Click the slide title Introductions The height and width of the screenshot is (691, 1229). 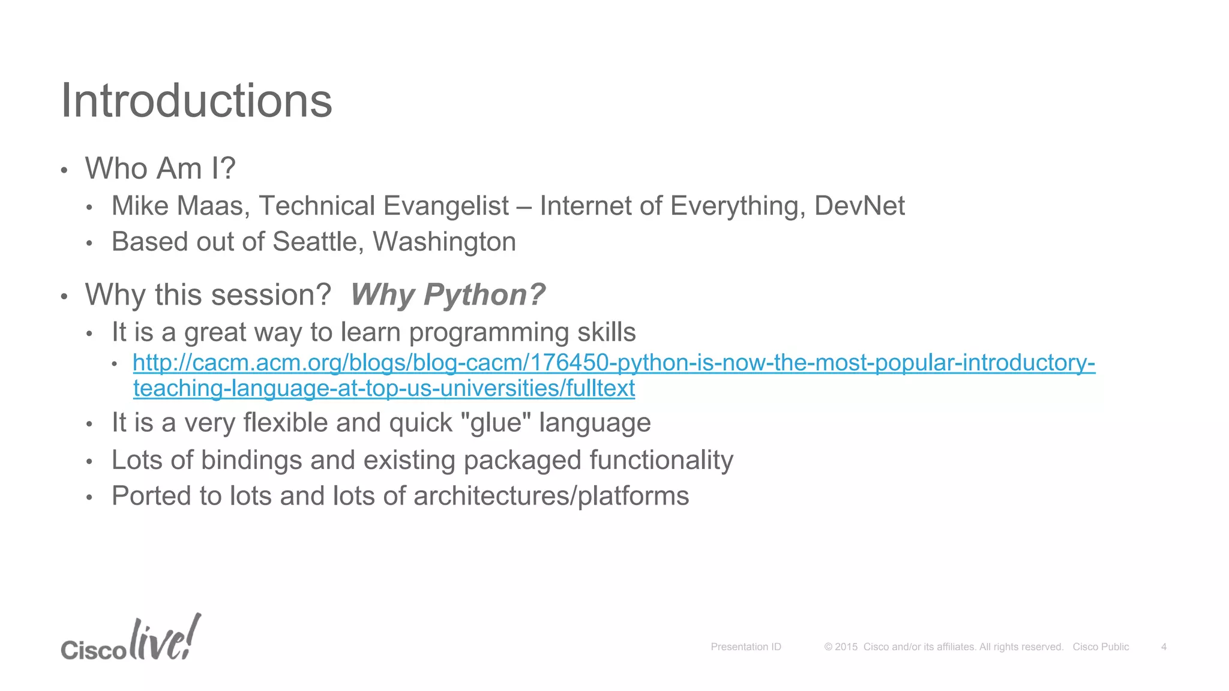[x=196, y=101]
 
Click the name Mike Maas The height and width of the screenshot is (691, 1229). [x=178, y=206]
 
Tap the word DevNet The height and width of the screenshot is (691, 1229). [x=859, y=206]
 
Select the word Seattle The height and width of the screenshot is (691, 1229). [x=317, y=242]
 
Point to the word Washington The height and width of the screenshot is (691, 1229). [x=444, y=242]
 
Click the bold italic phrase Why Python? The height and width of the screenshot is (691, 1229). [x=448, y=295]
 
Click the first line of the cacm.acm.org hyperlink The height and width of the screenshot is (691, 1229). [x=613, y=363]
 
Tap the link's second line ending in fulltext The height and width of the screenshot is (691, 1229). [x=384, y=389]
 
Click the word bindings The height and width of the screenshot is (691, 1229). [x=251, y=460]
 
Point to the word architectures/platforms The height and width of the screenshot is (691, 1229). [x=551, y=496]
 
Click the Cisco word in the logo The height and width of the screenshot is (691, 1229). [x=93, y=650]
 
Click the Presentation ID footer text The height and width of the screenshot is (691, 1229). [x=746, y=647]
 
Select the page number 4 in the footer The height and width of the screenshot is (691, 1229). [x=1164, y=647]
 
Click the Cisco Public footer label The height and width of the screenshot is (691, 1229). [x=1101, y=647]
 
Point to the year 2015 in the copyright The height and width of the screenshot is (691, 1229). [x=846, y=647]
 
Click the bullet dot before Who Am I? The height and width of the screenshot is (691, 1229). [x=64, y=170]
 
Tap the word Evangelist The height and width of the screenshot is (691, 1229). [x=446, y=206]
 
